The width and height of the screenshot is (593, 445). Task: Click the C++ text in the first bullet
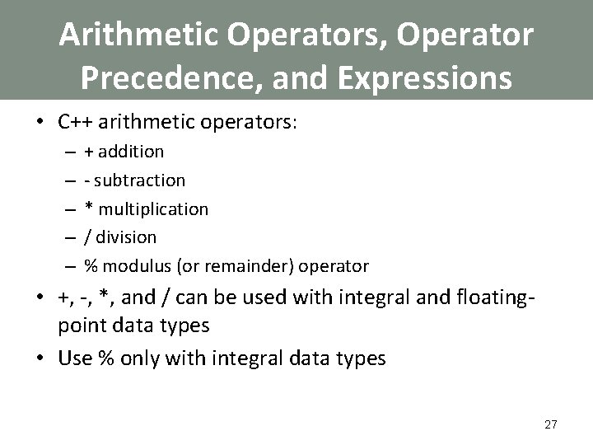[74, 123]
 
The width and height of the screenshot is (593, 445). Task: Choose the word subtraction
[142, 180]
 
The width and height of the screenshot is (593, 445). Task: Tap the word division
[126, 237]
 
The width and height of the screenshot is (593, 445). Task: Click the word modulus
[131, 266]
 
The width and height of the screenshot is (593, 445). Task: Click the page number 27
[551, 424]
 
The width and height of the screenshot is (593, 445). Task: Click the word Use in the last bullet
[76, 359]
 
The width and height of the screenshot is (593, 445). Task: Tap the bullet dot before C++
[39, 124]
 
